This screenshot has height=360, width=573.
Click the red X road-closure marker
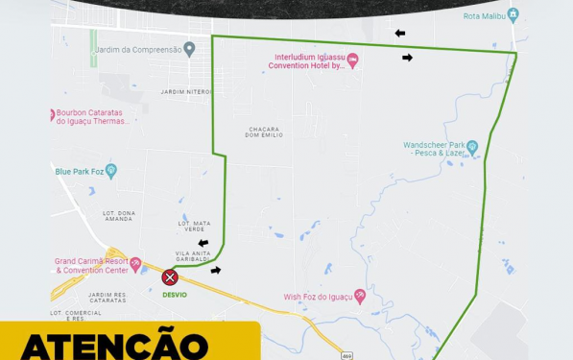pyautogui.click(x=170, y=277)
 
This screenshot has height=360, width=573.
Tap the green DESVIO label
pyautogui.click(x=175, y=295)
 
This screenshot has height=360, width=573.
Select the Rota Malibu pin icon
pyautogui.click(x=513, y=15)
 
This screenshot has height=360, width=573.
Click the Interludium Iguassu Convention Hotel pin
pyautogui.click(x=352, y=61)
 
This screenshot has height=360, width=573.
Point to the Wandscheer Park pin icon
pyautogui.click(x=472, y=149)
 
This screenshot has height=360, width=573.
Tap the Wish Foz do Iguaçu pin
pyautogui.click(x=360, y=297)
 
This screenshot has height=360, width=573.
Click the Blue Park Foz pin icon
pyautogui.click(x=111, y=172)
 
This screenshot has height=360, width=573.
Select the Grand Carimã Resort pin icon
pyautogui.click(x=135, y=264)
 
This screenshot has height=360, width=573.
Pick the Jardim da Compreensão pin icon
pyautogui.click(x=189, y=49)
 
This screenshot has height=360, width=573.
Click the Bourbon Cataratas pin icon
pyautogui.click(x=52, y=115)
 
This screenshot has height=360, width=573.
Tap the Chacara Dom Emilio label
pyautogui.click(x=264, y=132)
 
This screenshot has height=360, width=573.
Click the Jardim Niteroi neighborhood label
pyautogui.click(x=186, y=92)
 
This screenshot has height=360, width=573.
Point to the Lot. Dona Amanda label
pyautogui.click(x=118, y=216)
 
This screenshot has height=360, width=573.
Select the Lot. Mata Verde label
pyautogui.click(x=195, y=227)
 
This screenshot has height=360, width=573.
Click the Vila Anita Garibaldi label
pyautogui.click(x=193, y=256)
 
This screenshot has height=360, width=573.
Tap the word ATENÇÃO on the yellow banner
pyautogui.click(x=114, y=346)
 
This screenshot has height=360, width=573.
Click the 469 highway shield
pyautogui.click(x=346, y=355)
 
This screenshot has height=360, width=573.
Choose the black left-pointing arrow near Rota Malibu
pyautogui.click(x=399, y=34)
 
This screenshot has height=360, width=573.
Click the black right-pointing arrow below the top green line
pyautogui.click(x=407, y=58)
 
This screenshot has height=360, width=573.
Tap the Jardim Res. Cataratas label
pyautogui.click(x=107, y=298)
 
